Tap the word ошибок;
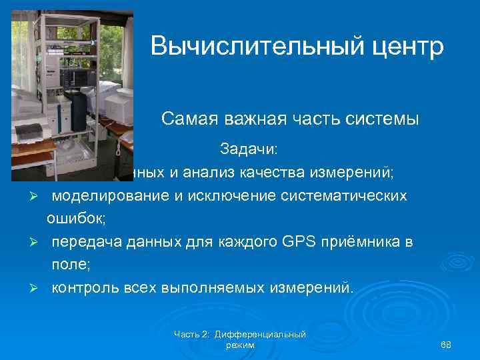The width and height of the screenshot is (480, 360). tap(73, 219)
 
